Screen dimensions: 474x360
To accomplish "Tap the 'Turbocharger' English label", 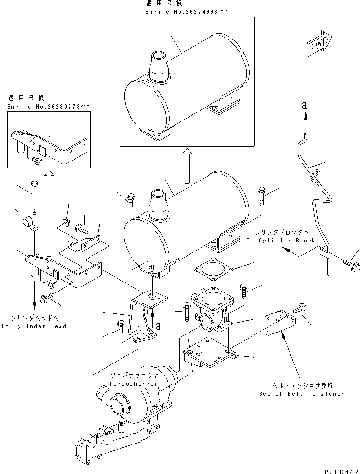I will (x=127, y=383).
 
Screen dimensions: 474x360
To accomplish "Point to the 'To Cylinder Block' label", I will (x=280, y=241).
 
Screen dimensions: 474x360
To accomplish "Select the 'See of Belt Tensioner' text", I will (x=301, y=394).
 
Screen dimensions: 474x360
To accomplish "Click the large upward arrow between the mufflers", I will (x=187, y=164).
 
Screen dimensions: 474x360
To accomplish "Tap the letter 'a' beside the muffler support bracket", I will (x=157, y=326).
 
